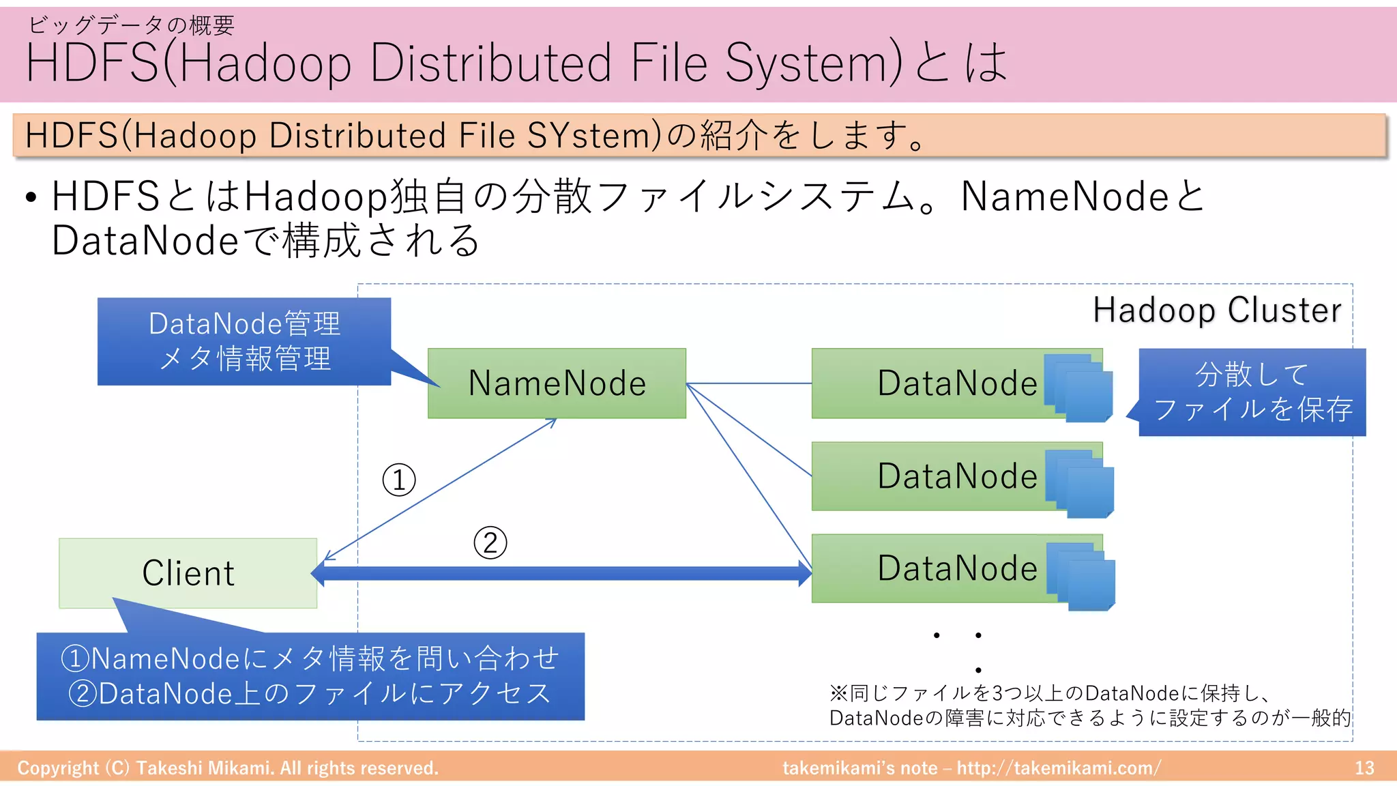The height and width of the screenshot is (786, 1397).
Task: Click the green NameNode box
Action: click(x=557, y=383)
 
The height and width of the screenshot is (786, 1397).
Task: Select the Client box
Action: click(x=188, y=573)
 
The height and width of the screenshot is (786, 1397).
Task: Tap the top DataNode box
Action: click(x=928, y=383)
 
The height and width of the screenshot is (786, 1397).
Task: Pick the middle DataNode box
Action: click(x=928, y=476)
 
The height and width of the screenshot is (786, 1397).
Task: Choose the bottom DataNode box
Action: click(x=928, y=568)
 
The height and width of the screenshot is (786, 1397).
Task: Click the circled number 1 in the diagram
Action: click(x=399, y=480)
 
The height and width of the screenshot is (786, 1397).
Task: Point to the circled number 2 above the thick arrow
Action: click(x=490, y=543)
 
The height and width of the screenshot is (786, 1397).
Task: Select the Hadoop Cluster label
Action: click(x=1217, y=310)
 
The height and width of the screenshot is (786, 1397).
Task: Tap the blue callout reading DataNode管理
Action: click(x=244, y=341)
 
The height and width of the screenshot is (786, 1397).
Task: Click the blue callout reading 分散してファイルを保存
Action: click(x=1252, y=392)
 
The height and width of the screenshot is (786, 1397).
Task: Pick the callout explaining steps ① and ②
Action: click(x=310, y=676)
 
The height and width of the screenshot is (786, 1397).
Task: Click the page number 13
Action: click(x=1364, y=768)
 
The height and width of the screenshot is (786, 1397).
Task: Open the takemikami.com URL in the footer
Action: click(x=1058, y=768)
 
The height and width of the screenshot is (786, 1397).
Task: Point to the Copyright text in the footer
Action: click(x=228, y=768)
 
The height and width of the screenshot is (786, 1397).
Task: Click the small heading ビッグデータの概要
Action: click(x=131, y=25)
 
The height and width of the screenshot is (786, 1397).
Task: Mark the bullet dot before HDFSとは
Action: click(x=31, y=199)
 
